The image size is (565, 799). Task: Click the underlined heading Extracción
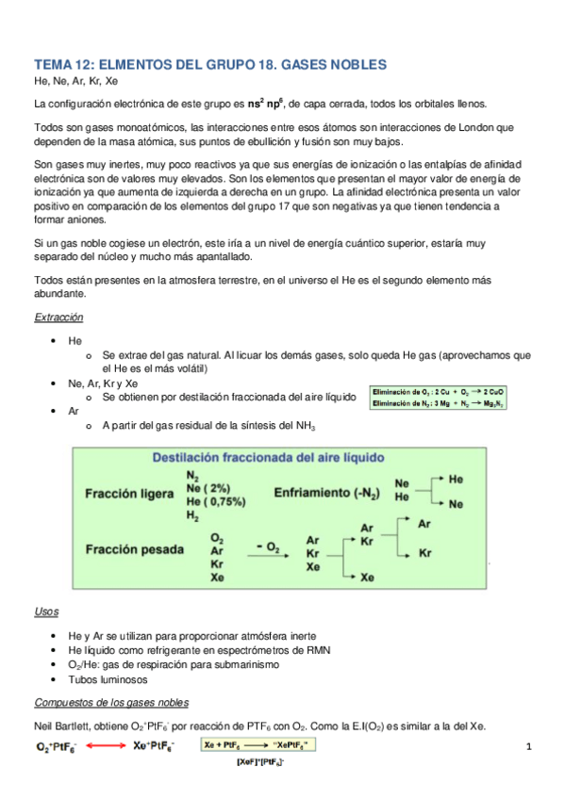(58, 318)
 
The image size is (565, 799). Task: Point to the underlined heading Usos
(46, 611)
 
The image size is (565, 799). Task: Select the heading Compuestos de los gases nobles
(111, 702)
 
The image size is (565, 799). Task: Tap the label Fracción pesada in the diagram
(131, 548)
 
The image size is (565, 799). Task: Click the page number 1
(530, 747)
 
